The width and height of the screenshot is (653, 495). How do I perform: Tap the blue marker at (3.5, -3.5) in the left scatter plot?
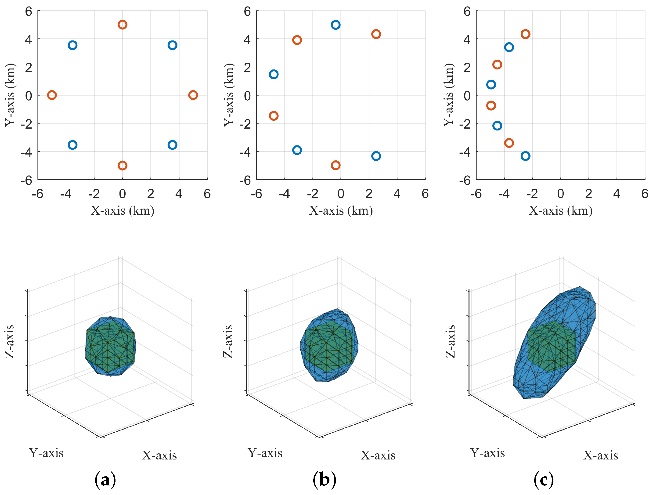pos(172,145)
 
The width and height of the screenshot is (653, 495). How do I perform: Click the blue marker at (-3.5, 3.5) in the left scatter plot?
pos(73,45)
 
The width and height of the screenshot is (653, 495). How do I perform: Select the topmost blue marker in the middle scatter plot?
pos(335,25)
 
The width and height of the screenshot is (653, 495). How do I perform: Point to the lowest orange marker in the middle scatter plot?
pos(335,165)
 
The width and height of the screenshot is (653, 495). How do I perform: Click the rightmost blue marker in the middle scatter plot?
pos(376,156)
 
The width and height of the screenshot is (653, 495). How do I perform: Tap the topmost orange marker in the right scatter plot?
pos(525,34)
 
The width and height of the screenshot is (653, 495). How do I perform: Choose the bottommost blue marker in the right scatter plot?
pos(525,156)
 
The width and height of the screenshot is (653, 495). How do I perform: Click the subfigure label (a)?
pos(105,480)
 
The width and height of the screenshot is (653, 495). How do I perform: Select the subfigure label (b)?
pos(325,480)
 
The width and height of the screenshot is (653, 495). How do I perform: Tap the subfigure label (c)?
pos(544,480)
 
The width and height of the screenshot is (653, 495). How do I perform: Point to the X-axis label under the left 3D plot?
pos(159,455)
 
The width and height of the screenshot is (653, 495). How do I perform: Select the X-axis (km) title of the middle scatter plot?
pos(341,211)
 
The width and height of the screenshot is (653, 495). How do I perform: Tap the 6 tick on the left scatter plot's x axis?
pos(207,194)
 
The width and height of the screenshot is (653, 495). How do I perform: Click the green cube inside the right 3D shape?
pos(551,347)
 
